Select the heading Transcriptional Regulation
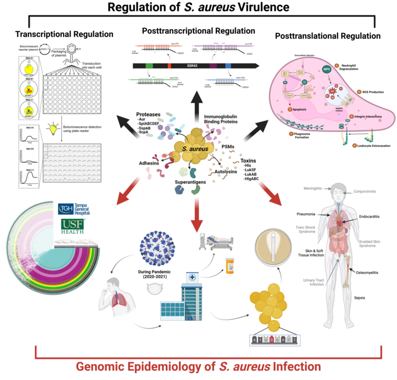[64, 34]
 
